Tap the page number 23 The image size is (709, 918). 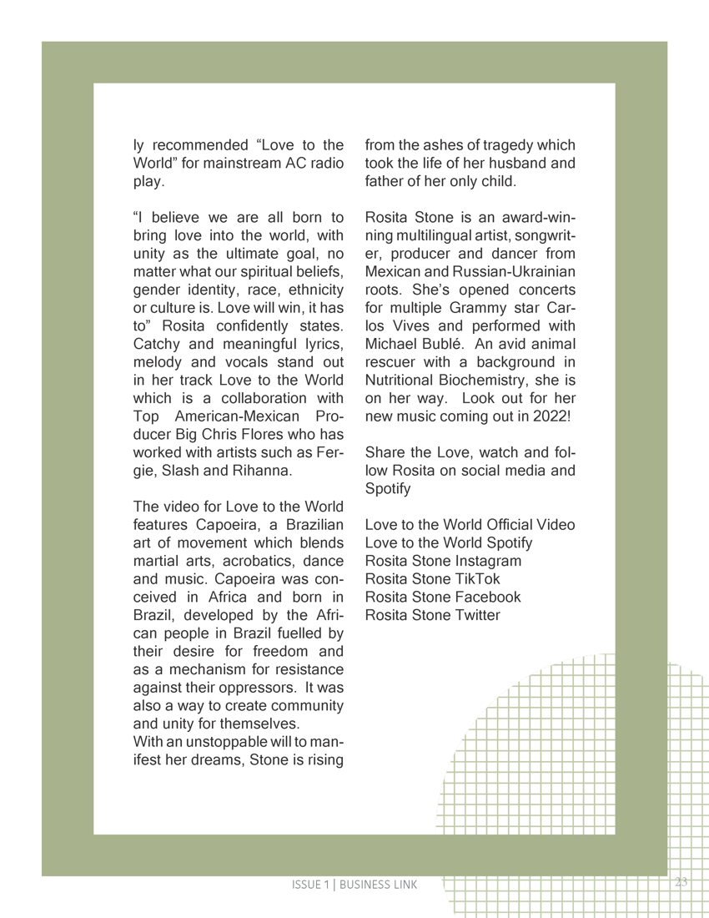click(x=681, y=882)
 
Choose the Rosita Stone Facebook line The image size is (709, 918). click(x=443, y=598)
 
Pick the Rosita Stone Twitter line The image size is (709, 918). click(x=433, y=616)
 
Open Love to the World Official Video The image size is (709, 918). click(x=470, y=524)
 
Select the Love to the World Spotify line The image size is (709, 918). click(x=449, y=542)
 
